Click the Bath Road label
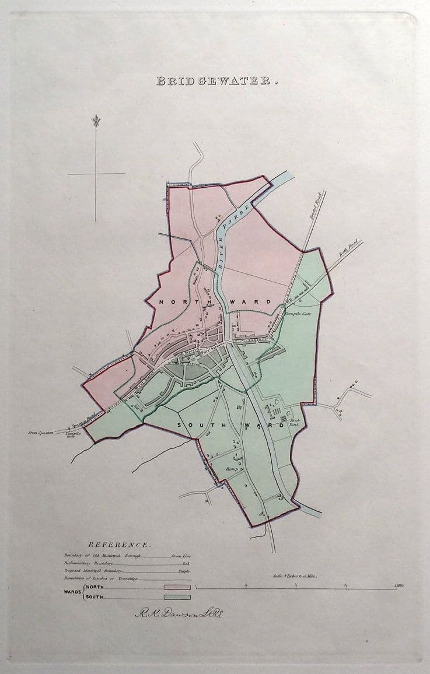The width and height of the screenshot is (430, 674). [x=349, y=250]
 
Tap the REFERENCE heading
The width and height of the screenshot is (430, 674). [x=119, y=544]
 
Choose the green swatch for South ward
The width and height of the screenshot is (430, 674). [x=177, y=597]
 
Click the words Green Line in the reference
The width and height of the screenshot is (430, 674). [x=181, y=556]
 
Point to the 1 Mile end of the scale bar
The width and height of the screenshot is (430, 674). [x=399, y=585]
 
